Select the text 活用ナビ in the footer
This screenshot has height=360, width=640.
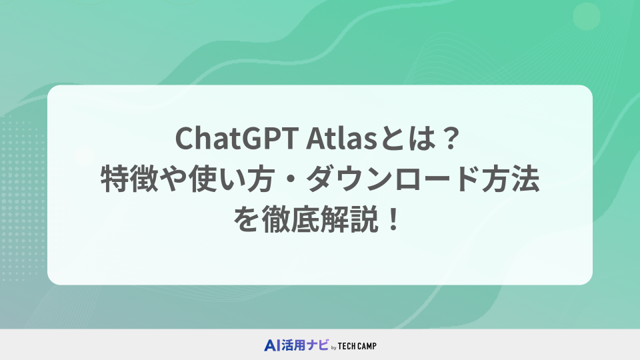(305, 345)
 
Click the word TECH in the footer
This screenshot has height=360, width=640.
(347, 346)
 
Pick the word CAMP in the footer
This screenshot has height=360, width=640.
(367, 346)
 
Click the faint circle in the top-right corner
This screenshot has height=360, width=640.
(587, 16)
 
